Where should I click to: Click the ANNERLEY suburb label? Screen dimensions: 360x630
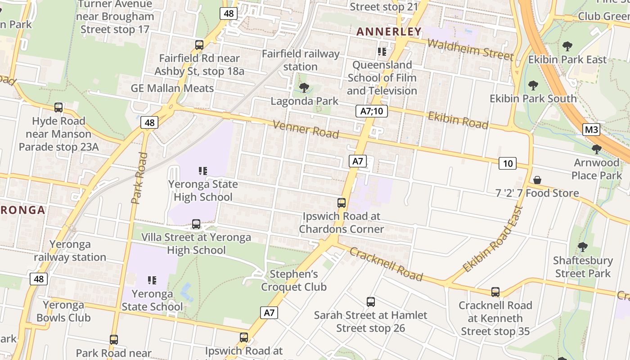point(389,32)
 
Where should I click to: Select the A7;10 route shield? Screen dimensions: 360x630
point(372,111)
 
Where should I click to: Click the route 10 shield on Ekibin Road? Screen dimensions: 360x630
point(507,163)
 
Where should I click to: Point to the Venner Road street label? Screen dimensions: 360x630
point(306,130)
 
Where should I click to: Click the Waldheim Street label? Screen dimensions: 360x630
point(470,49)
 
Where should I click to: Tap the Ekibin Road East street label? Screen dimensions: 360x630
point(493,239)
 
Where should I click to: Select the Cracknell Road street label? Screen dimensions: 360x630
point(386,264)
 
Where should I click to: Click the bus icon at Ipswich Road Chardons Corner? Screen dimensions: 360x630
point(342,203)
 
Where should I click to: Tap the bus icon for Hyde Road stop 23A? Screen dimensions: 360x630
point(58,108)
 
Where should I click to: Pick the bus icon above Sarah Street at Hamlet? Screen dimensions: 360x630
point(370,301)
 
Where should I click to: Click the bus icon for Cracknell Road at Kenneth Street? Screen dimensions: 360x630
point(495,292)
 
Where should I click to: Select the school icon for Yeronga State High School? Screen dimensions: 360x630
point(203,171)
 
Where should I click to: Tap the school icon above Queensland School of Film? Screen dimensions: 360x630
point(382,52)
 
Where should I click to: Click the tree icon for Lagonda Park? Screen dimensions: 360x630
point(304,88)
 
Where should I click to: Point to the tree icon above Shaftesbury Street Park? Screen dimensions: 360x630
point(583,247)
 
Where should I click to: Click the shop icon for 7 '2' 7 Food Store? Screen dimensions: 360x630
point(537,180)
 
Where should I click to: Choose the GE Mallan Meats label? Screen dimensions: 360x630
point(172,88)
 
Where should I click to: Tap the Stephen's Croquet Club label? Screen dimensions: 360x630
point(294,280)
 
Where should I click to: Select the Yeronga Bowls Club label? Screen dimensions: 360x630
point(63,311)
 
